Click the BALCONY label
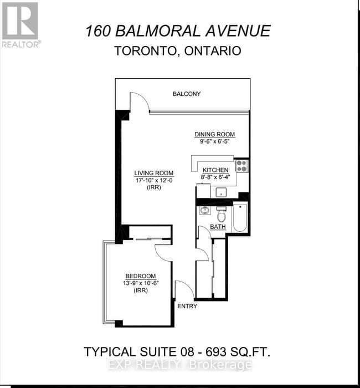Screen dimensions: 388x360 pos(186,94)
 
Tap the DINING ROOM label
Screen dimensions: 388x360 pos(214,135)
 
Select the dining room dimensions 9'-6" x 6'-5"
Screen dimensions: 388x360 pos(214,142)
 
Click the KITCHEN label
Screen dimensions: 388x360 pos(215,170)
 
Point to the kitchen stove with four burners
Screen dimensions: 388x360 pos(241,165)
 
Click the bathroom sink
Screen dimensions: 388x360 pos(205,211)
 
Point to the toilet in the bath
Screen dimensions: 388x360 pos(222,213)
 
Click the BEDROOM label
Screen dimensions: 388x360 pos(140,276)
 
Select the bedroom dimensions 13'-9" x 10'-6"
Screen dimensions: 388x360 pos(140,283)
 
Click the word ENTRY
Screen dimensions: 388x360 pos(187,305)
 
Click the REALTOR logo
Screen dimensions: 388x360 pos(20,24)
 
